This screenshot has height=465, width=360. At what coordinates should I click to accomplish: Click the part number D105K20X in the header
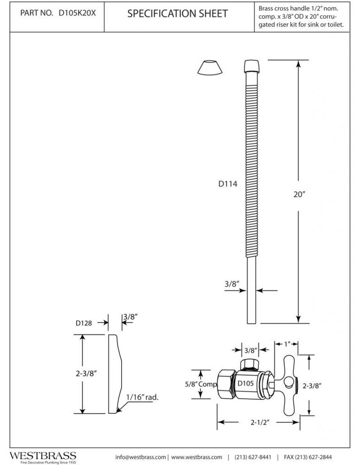tap(77, 14)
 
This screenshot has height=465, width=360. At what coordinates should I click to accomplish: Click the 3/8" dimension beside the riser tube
tap(232, 284)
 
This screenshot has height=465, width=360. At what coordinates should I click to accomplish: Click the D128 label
tap(83, 323)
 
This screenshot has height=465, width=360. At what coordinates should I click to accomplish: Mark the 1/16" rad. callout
tap(143, 397)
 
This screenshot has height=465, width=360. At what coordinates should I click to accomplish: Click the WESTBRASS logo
tap(43, 456)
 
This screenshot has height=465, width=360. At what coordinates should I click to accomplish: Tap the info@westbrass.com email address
tap(141, 457)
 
